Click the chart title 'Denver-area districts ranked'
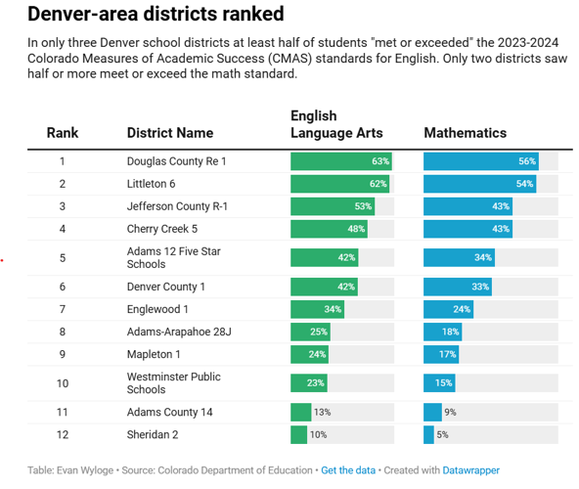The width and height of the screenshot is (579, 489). [x=156, y=15]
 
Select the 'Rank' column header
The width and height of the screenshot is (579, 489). [x=62, y=133]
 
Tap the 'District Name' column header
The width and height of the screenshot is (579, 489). [x=169, y=133]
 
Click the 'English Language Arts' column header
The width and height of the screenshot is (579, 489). [x=336, y=124]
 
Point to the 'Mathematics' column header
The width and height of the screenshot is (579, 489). [x=465, y=133]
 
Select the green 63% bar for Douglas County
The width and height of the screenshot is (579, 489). [x=340, y=160]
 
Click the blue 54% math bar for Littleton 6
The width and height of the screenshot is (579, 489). [x=479, y=183]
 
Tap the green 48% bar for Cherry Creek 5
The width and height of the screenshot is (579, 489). [x=329, y=229]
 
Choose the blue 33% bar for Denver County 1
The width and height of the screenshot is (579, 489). [x=457, y=287]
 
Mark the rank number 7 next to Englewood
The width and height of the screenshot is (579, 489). [x=62, y=309]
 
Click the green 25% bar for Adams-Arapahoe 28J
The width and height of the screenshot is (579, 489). [x=310, y=332]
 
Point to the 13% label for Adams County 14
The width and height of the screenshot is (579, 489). [x=322, y=412]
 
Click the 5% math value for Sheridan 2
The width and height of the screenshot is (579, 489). [x=442, y=434]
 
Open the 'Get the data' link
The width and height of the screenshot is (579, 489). [x=348, y=470]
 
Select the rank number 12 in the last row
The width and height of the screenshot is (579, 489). [x=62, y=434]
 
